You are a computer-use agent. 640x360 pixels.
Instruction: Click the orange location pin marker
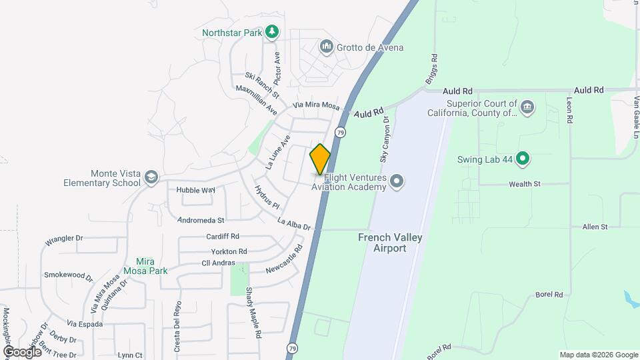(x=320, y=159)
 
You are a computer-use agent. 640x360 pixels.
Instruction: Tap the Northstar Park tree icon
(x=271, y=31)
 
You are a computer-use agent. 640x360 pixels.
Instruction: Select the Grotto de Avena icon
(x=326, y=47)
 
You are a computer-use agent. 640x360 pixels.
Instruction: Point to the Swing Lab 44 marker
(x=523, y=159)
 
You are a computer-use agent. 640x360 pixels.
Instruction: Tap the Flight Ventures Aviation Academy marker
(x=397, y=181)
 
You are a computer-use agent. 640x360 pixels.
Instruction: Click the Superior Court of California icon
(x=527, y=107)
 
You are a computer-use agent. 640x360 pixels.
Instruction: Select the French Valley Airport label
(x=390, y=243)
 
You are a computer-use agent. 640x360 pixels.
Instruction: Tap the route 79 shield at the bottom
(x=293, y=348)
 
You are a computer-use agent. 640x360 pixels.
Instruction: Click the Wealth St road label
(x=524, y=184)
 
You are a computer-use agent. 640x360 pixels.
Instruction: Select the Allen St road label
(x=595, y=227)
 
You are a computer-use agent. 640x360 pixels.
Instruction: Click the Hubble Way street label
(x=195, y=190)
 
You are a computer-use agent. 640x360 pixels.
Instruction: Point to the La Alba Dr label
(x=294, y=225)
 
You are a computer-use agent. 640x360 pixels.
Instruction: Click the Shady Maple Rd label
(x=248, y=303)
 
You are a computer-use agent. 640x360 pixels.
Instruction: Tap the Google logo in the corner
(x=22, y=351)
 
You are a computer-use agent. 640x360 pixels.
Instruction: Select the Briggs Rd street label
(x=430, y=69)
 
